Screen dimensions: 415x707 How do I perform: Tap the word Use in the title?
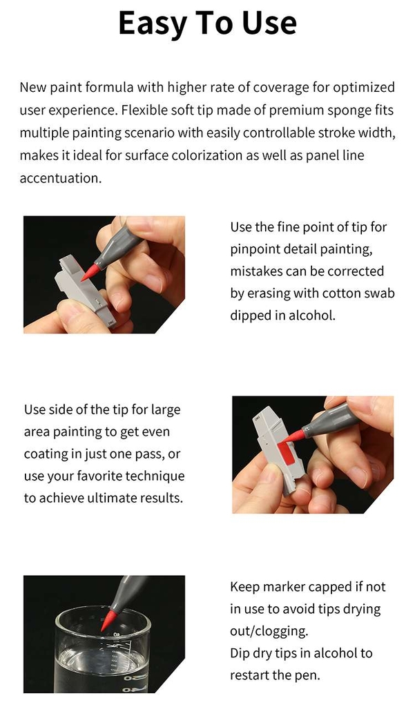click(x=269, y=23)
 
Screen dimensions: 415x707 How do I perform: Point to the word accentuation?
click(x=61, y=178)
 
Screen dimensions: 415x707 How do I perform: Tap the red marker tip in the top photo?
click(x=91, y=272)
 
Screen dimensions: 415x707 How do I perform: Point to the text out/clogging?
click(x=269, y=631)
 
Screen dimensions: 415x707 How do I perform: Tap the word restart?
click(x=251, y=675)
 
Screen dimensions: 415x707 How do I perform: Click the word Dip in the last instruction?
click(x=240, y=653)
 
